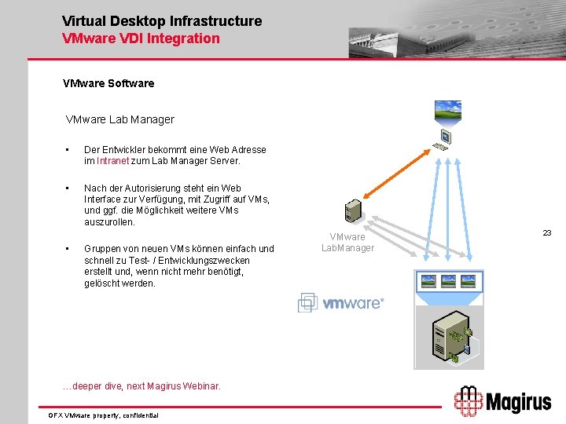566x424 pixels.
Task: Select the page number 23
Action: click(547, 232)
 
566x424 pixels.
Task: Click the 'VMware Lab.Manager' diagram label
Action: click(347, 242)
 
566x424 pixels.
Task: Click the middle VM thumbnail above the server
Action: click(449, 280)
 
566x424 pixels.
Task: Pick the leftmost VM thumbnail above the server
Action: click(429, 280)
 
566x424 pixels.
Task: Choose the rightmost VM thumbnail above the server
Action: click(469, 280)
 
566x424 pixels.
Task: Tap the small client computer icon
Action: click(446, 138)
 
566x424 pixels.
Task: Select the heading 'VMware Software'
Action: click(108, 82)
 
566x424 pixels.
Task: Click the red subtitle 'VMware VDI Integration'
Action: click(141, 38)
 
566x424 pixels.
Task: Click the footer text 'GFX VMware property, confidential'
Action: click(103, 415)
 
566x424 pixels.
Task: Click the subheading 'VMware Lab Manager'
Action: click(119, 119)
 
